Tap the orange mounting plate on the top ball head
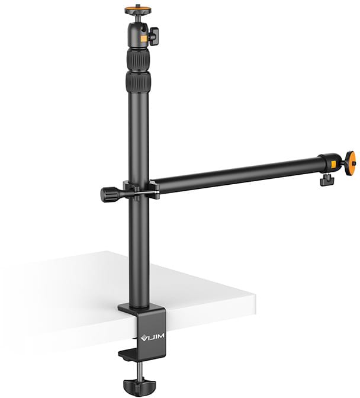[x=137, y=9]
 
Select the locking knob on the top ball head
[x=153, y=37]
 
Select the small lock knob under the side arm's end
[x=324, y=179]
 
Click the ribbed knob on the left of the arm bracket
[x=110, y=194]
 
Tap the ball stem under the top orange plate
[x=137, y=18]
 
